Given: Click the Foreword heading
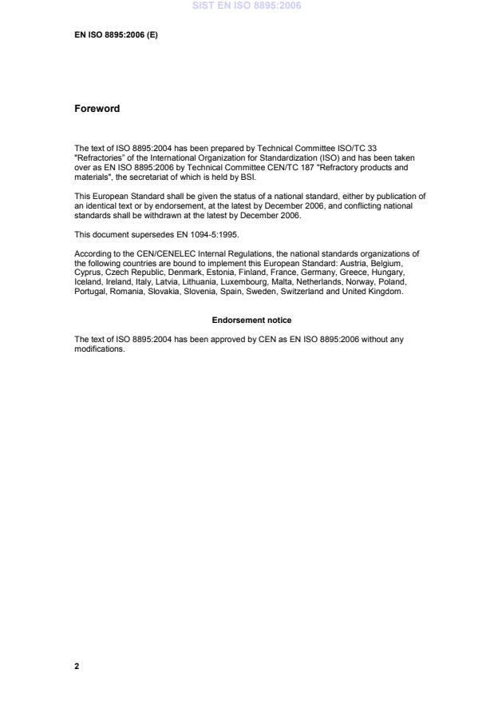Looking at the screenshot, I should pos(97,109).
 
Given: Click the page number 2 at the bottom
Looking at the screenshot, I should pos(77,666).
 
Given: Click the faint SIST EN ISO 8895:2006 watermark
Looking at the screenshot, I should pos(247,6).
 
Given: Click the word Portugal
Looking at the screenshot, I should pos(89,291).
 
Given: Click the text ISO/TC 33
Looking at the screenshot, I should pos(379,147).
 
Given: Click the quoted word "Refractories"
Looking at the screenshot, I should pos(97,154).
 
